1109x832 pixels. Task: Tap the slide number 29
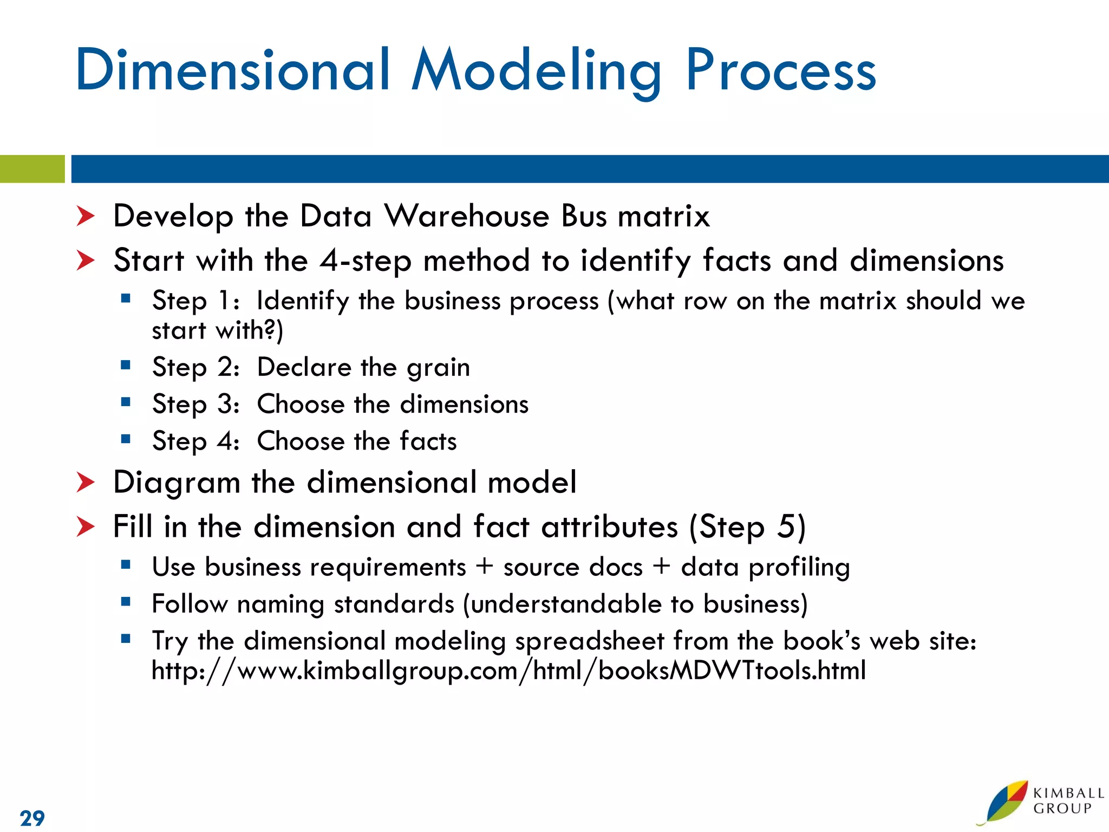click(x=32, y=817)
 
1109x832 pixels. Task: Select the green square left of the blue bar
click(x=32, y=169)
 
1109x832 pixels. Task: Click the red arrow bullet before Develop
click(x=85, y=216)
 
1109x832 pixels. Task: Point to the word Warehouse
click(x=467, y=216)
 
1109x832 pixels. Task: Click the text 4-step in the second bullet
click(x=365, y=261)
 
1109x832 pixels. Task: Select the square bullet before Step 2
click(x=126, y=365)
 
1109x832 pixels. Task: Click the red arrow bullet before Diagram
click(x=85, y=482)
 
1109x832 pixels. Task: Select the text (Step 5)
click(x=747, y=526)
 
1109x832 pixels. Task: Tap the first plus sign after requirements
click(x=485, y=567)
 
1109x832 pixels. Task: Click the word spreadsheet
click(x=589, y=641)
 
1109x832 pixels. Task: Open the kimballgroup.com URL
click(x=508, y=671)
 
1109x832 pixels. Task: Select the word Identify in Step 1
click(x=303, y=301)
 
